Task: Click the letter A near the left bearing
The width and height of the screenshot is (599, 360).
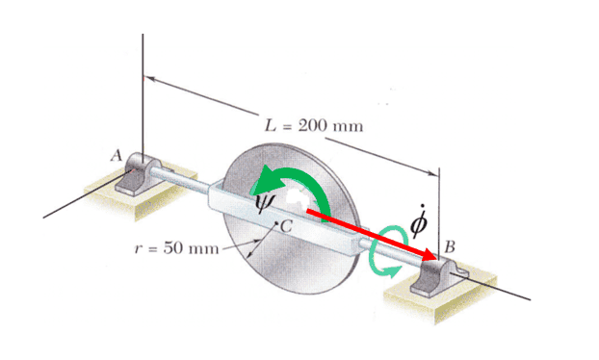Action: click(x=117, y=156)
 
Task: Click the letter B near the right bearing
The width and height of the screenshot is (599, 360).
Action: click(x=450, y=247)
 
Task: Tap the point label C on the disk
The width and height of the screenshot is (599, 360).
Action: click(x=286, y=227)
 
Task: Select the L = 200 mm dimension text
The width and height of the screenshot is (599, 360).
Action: click(x=314, y=125)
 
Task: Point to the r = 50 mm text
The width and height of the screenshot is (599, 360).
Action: click(x=177, y=248)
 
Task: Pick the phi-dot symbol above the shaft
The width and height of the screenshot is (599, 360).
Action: click(x=419, y=219)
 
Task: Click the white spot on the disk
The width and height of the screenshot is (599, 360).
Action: click(x=297, y=198)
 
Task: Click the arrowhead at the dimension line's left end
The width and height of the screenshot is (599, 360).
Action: click(x=150, y=79)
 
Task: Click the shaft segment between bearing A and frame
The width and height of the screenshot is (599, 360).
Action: click(x=179, y=179)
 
